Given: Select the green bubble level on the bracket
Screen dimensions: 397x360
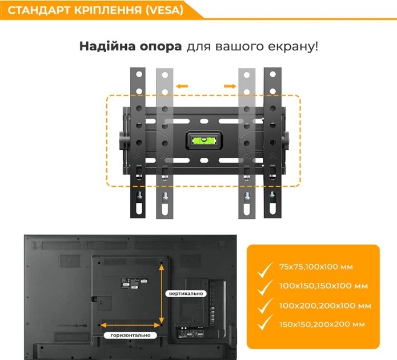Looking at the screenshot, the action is coord(204,140).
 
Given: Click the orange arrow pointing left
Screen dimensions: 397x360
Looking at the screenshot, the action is coord(182,86).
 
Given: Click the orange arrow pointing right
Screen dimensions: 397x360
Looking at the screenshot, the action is coord(230,86).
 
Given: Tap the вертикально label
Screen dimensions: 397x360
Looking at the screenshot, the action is coord(186,294).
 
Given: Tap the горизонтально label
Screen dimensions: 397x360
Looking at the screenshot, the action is coord(130,335).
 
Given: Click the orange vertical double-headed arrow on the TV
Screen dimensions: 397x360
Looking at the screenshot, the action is coord(162,293).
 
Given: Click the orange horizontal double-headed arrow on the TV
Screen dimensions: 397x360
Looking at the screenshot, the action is coord(130,325).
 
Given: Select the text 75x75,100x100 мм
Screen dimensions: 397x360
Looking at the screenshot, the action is coord(316,267).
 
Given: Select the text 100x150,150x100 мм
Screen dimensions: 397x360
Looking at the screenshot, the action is coord(323,286).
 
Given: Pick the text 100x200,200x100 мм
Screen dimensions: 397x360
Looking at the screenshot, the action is coord(325,306).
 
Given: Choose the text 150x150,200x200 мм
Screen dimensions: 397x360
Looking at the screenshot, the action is coord(322,324).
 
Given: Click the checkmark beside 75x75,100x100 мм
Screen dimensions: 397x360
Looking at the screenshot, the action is coord(265,270).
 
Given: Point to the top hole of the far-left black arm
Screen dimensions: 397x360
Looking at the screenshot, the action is coord(139,74).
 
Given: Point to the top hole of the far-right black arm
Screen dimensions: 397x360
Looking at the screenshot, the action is coord(272,74).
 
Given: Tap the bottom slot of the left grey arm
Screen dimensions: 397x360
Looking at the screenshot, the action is coord(165,207).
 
